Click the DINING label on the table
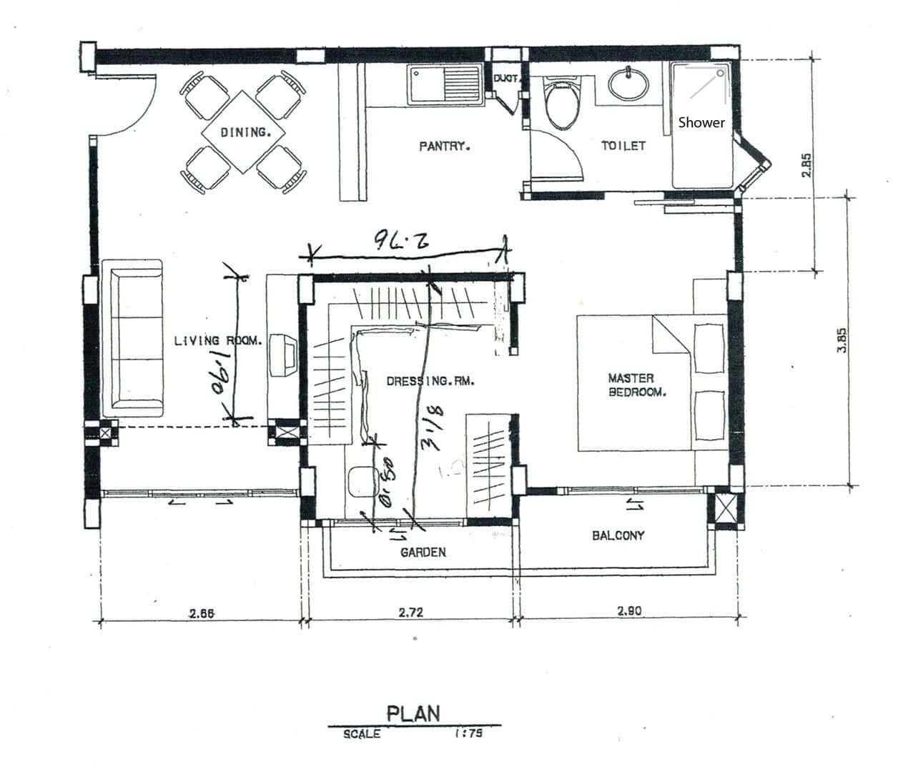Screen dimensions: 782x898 click(x=245, y=132)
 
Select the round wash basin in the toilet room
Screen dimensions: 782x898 click(x=628, y=84)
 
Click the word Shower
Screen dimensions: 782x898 click(x=701, y=122)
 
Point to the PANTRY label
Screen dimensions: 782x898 click(x=444, y=147)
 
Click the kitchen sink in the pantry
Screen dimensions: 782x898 click(x=444, y=85)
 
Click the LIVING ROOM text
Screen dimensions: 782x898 click(x=218, y=341)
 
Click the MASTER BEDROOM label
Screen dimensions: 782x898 click(x=637, y=385)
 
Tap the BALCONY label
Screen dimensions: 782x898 click(x=618, y=535)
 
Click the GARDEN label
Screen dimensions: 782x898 click(x=423, y=552)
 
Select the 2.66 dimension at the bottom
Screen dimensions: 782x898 click(x=202, y=612)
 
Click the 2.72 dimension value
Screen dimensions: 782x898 click(x=410, y=612)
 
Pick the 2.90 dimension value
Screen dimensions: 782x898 click(x=628, y=610)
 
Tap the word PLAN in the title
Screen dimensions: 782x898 click(x=413, y=713)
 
